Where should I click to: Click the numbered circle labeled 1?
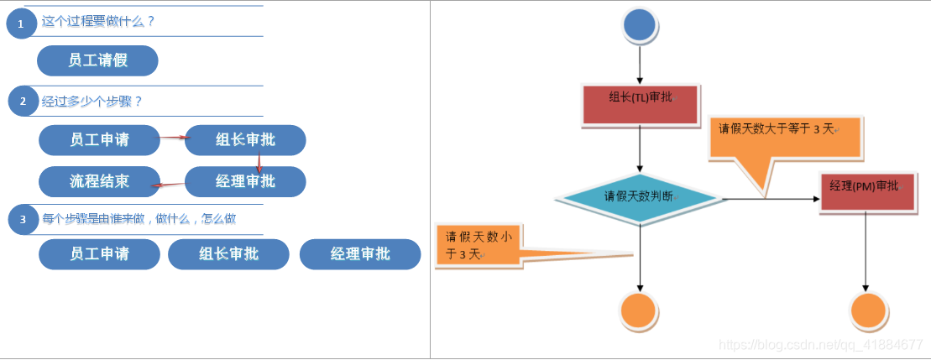tap(21, 24)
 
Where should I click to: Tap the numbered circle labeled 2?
tap(24, 102)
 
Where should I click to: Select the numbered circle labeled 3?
tap(24, 220)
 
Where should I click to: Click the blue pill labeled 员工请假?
tap(98, 60)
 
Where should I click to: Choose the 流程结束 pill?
tap(99, 181)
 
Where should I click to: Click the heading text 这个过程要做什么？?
tap(98, 21)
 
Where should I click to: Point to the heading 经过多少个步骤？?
tap(92, 102)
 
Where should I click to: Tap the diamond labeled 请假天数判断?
tap(639, 197)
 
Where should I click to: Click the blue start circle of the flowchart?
tap(641, 24)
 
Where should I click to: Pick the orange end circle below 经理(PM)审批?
tap(868, 311)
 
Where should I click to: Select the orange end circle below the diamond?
tap(639, 311)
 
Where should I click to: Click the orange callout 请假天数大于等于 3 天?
tap(785, 138)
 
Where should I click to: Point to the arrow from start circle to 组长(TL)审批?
tap(641, 63)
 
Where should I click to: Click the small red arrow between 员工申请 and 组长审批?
tap(172, 138)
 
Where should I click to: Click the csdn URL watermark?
tap(822, 345)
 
